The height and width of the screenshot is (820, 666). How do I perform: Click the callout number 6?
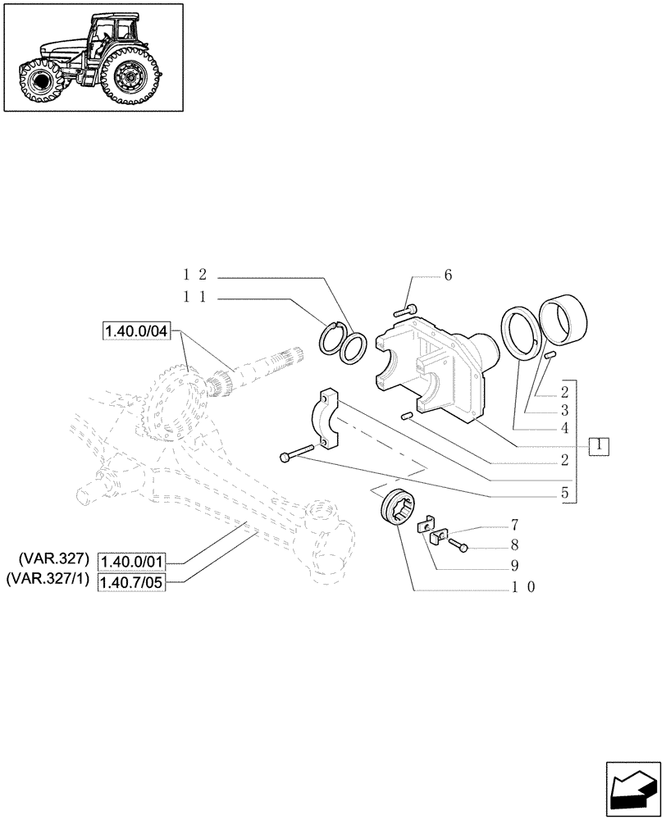click(x=448, y=276)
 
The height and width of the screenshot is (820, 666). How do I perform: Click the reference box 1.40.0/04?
click(x=135, y=331)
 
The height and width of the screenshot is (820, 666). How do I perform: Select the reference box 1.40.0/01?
click(x=132, y=561)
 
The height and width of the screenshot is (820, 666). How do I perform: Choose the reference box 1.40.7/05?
click(x=132, y=581)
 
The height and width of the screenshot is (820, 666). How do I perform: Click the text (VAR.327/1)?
click(x=49, y=581)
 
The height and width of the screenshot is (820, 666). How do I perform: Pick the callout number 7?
click(x=514, y=523)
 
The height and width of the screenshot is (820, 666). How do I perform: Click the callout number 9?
click(x=514, y=565)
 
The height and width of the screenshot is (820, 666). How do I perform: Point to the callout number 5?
click(x=565, y=494)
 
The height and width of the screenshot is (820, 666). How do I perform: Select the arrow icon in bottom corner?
click(x=632, y=788)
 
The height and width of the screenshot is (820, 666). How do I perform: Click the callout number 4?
click(x=565, y=428)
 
